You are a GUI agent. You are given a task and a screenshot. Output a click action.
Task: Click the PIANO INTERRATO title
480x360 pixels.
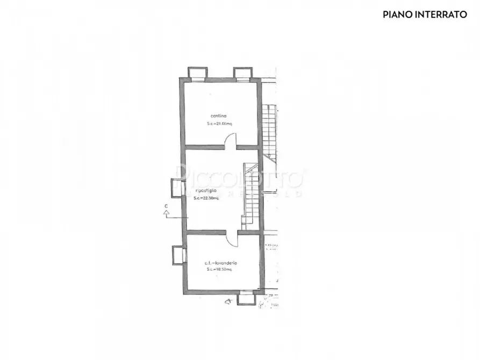coord(424,15)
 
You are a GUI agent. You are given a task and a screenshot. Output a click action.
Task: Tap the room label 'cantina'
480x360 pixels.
coord(218,116)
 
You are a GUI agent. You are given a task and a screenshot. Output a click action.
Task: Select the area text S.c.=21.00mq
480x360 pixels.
coord(219,124)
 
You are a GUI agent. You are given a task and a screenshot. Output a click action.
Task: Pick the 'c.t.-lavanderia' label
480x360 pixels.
coord(221,263)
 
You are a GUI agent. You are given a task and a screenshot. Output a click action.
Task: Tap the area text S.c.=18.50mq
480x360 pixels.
coord(219,270)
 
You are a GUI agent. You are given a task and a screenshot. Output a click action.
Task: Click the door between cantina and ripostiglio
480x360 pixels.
coord(230,143)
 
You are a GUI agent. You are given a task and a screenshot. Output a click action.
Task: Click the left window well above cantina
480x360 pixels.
coord(197,73)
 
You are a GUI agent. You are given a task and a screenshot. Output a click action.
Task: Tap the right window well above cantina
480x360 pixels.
coord(242,73)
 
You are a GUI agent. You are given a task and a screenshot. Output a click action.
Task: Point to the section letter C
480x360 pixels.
coord(166,206)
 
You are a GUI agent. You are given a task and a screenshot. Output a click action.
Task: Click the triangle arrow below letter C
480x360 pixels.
coord(167,214)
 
